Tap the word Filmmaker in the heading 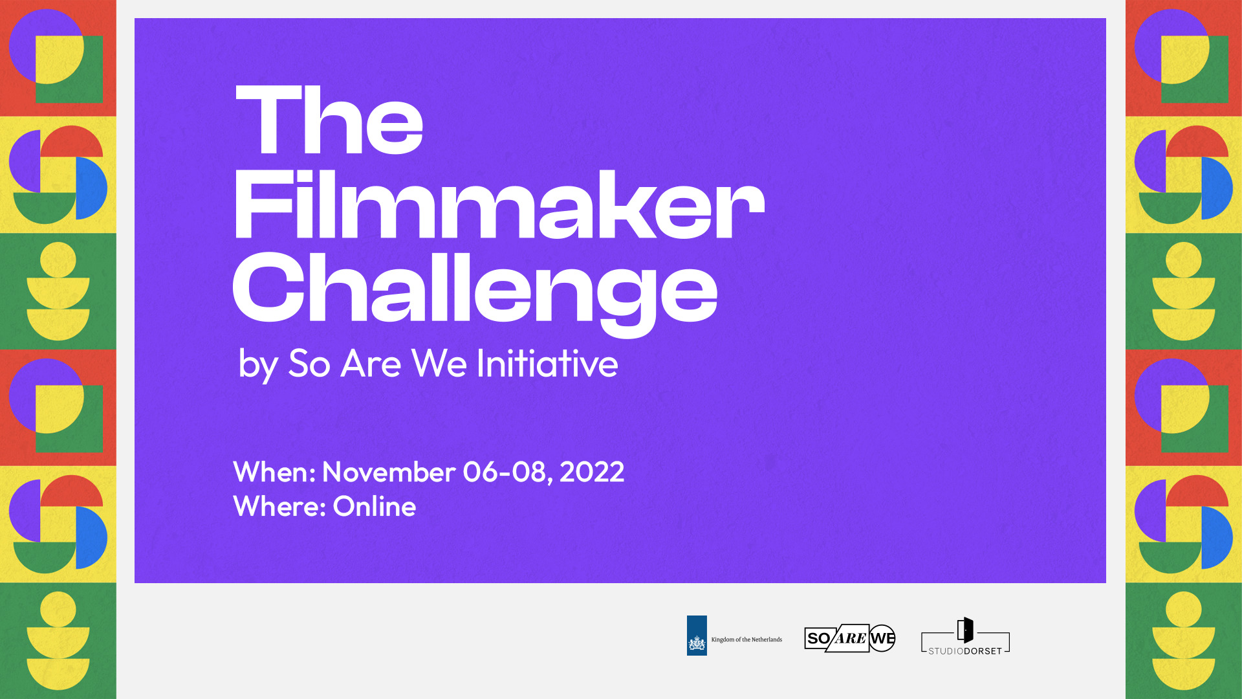[498, 206]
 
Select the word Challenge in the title [475, 289]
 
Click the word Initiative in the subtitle [547, 363]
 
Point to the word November [387, 472]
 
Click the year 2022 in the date [592, 472]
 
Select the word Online [374, 506]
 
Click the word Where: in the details [279, 506]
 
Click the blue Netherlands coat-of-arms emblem [697, 636]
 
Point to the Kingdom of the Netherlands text [746, 639]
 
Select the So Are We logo [849, 638]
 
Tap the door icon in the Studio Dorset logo [965, 630]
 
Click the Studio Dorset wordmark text [965, 651]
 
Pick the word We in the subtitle [439, 363]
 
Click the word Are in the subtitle [371, 363]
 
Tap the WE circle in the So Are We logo [882, 638]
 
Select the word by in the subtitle [258, 364]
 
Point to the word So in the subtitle [309, 363]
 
